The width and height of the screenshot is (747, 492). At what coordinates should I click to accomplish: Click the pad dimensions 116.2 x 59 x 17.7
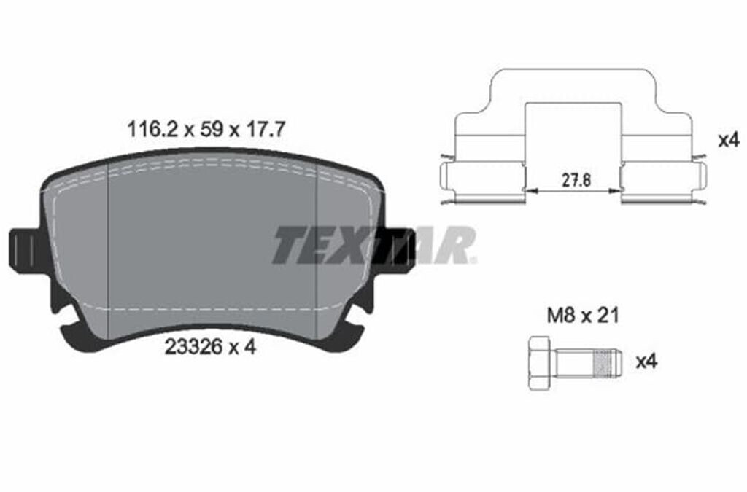pos(206,130)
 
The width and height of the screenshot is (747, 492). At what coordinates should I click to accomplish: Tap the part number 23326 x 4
pos(210,348)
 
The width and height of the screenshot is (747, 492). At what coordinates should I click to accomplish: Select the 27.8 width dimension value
pos(576,180)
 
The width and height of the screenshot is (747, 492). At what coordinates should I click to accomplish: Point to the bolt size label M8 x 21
pos(583,316)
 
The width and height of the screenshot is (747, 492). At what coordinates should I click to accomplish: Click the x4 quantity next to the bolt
pos(647,362)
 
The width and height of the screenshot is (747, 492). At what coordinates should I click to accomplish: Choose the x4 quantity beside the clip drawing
pos(729,141)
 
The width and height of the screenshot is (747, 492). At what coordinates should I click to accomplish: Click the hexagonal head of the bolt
pos(541,363)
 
